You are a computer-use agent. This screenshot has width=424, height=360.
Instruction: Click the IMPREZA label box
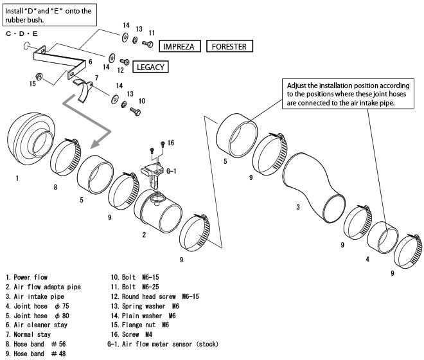(x=182, y=46)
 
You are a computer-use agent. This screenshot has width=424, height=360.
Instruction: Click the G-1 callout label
(x=172, y=172)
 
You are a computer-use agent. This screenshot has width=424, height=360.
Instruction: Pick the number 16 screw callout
(x=171, y=143)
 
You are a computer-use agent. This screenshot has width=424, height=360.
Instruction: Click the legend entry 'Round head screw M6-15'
(x=155, y=296)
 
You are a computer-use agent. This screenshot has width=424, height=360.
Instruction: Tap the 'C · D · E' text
(x=22, y=33)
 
